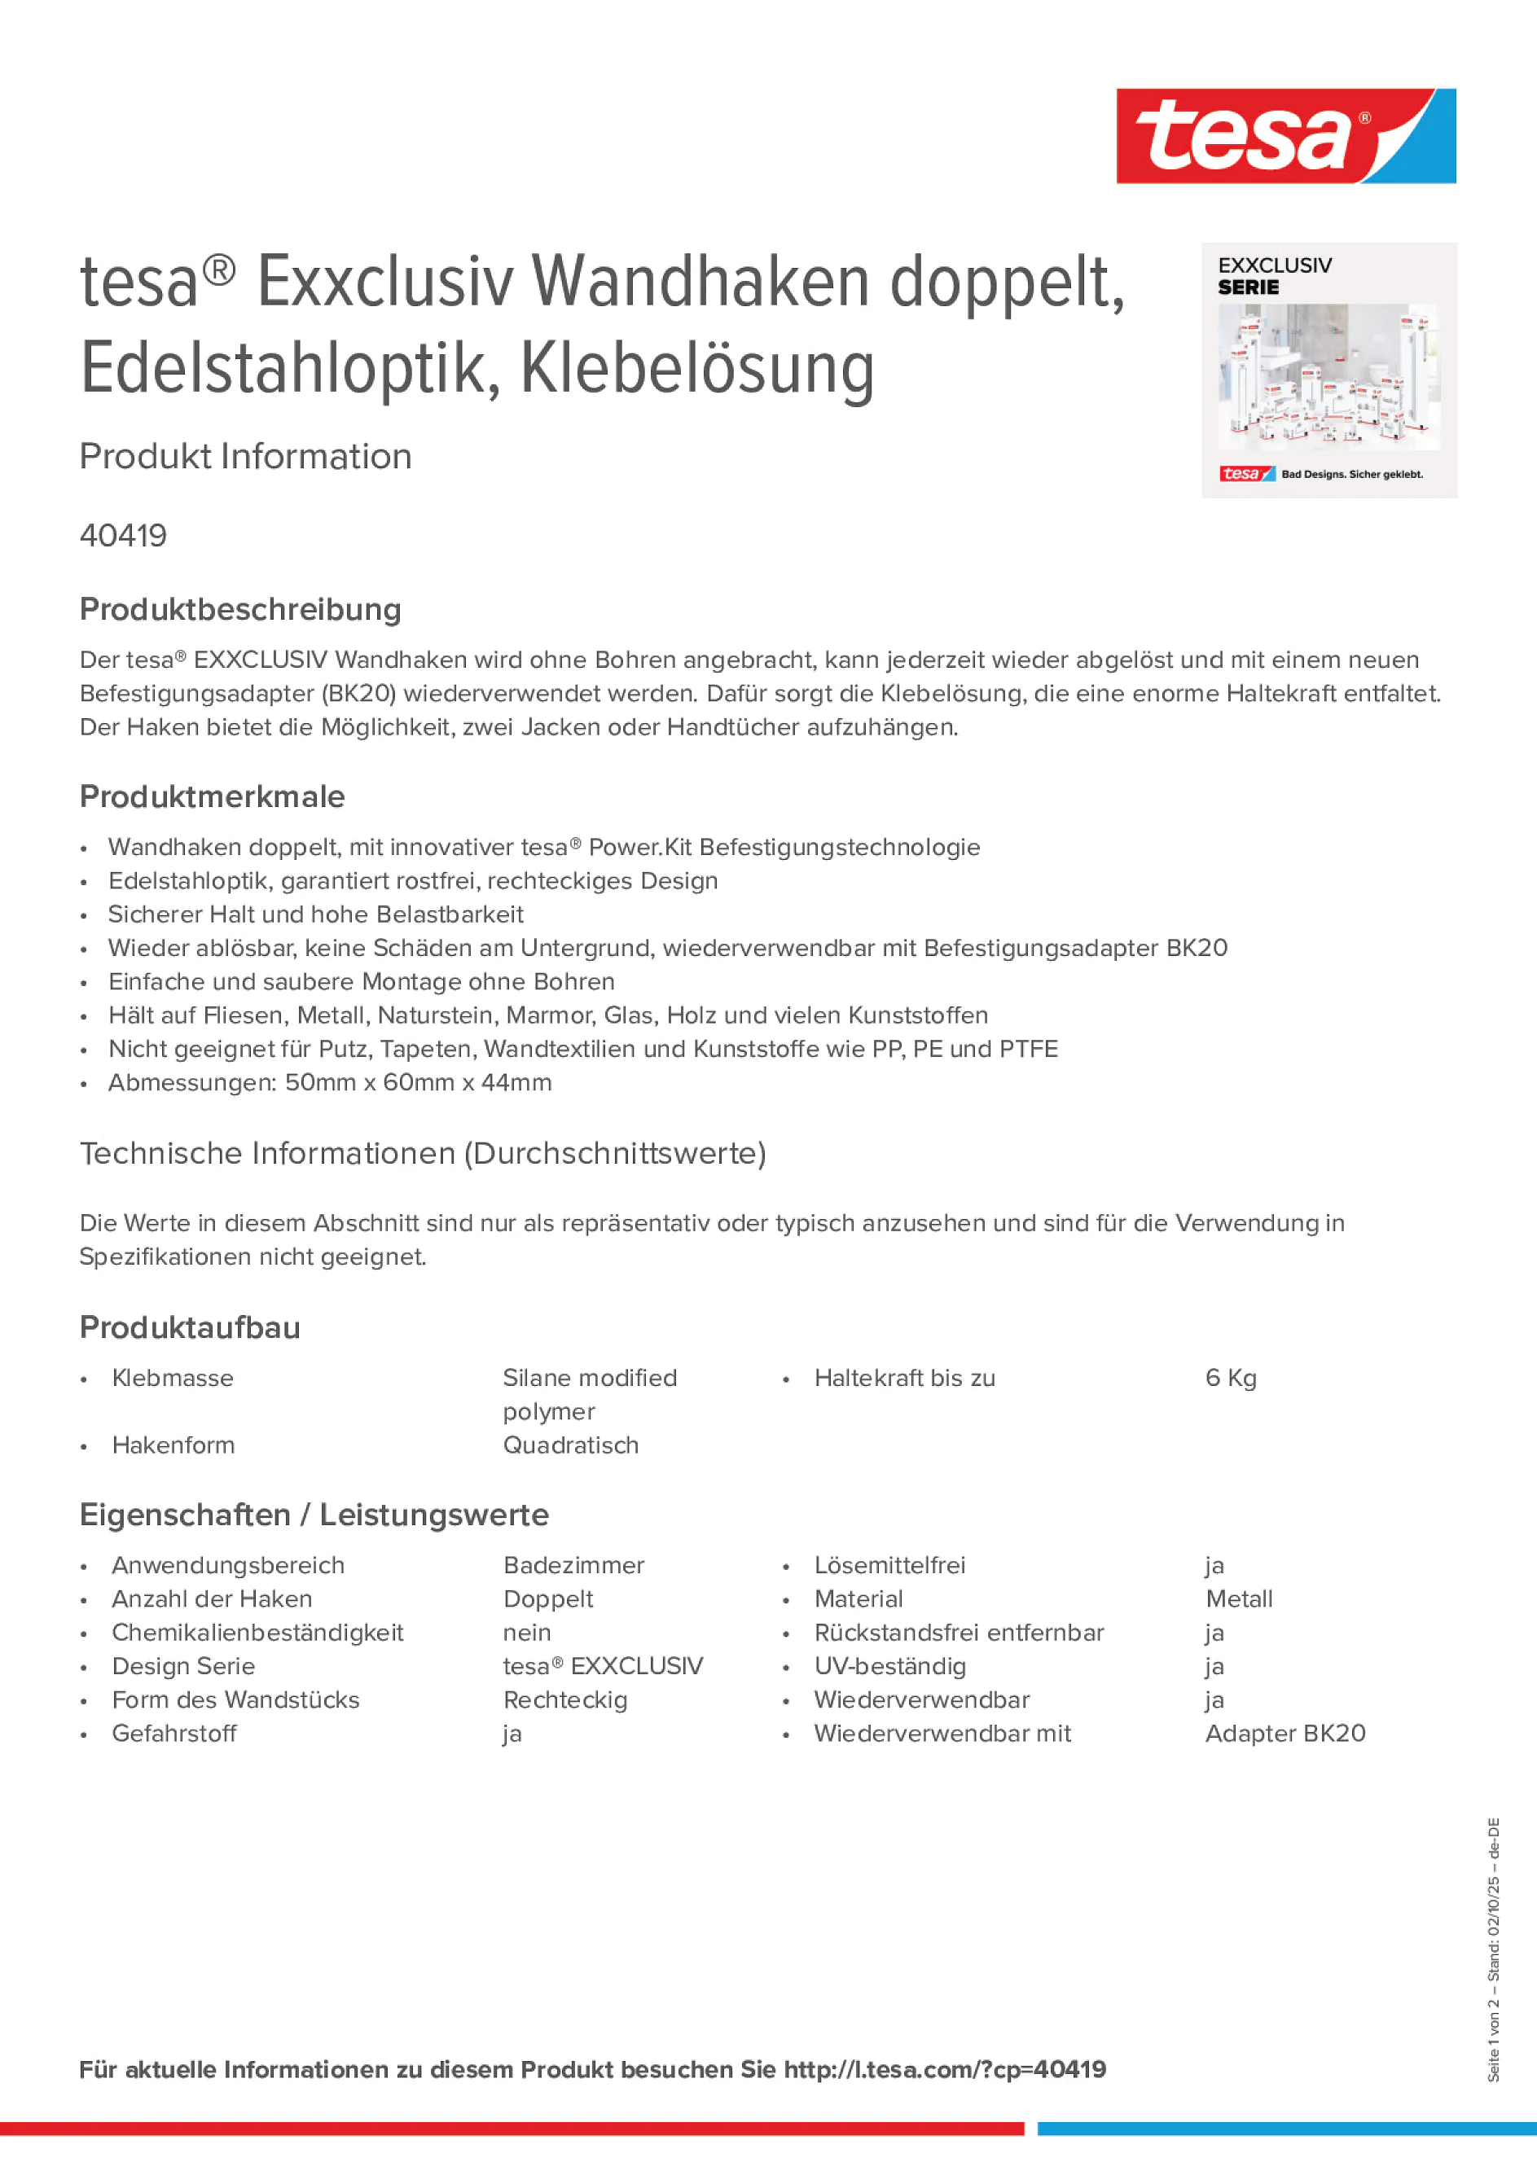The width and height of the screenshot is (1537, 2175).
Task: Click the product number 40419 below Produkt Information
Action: [x=123, y=535]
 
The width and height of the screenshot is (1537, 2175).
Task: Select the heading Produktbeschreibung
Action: [x=240, y=609]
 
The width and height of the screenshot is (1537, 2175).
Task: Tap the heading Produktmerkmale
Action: [x=213, y=796]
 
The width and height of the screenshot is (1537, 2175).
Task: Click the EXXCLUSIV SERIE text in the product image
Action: [x=1274, y=276]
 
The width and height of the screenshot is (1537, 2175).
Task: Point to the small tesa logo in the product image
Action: [x=1246, y=474]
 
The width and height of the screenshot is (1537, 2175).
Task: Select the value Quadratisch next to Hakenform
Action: [x=570, y=1445]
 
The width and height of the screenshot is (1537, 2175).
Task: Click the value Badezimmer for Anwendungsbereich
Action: [x=573, y=1565]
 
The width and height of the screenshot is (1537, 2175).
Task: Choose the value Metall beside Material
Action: [x=1239, y=1599]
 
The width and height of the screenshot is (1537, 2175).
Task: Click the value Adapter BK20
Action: [x=1285, y=1734]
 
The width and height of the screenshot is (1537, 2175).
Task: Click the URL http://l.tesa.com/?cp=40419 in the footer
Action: [x=945, y=2069]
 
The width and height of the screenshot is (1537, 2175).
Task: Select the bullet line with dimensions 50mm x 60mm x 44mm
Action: [x=330, y=1082]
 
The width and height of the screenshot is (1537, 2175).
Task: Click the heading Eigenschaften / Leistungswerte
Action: [x=314, y=1515]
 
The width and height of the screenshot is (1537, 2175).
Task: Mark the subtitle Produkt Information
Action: [x=245, y=456]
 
